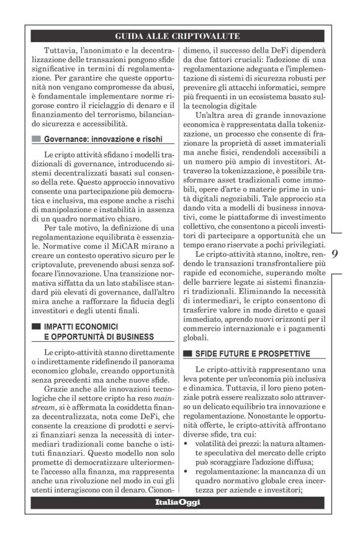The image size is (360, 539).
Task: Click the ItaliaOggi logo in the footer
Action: coord(178,502)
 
